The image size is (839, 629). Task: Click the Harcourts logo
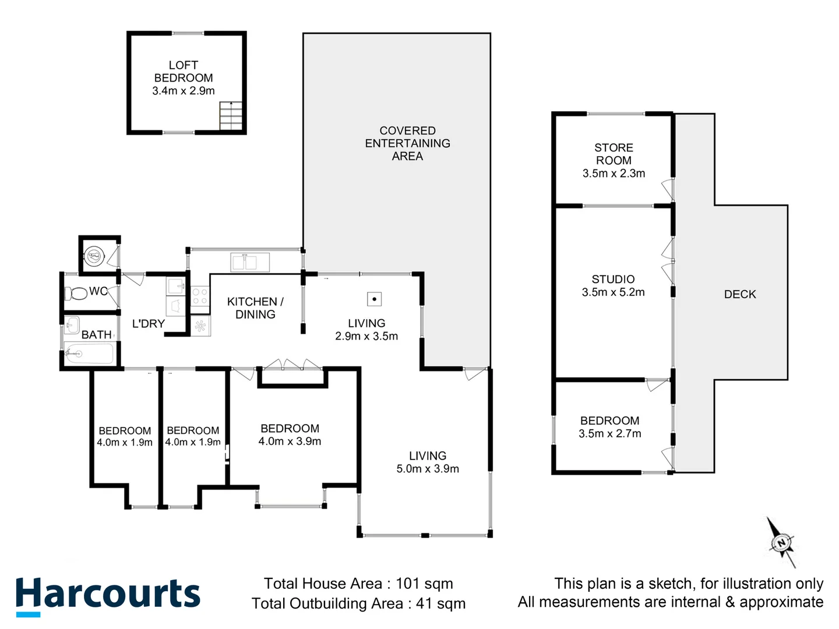108,595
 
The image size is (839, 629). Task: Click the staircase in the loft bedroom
231,116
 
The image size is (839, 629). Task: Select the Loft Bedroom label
184,72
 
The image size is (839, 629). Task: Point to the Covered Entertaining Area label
407,143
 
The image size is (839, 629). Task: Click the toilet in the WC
75,293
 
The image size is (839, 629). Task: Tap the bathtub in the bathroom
89,354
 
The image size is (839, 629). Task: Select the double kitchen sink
250,263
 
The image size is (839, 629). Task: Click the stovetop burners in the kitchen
200,296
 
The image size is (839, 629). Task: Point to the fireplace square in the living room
374,299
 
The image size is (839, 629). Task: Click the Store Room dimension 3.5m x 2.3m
614,174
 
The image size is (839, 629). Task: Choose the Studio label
613,280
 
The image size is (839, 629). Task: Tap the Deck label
740,295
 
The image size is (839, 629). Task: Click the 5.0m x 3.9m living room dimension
428,469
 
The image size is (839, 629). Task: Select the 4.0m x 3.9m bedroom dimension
290,441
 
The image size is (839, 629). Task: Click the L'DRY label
148,324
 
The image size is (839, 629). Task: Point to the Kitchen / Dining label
255,308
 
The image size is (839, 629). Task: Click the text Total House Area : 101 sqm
358,584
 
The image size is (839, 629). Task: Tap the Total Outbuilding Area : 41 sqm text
358,604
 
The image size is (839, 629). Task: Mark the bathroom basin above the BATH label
72,325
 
